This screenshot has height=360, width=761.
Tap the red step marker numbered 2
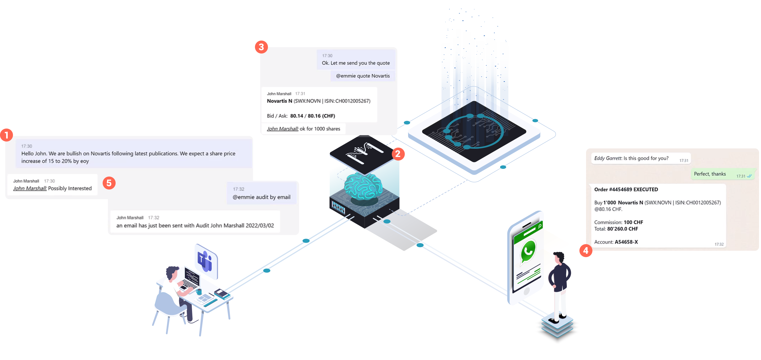pyautogui.click(x=398, y=154)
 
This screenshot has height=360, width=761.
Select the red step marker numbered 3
pyautogui.click(x=261, y=47)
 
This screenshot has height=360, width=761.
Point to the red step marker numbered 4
pyautogui.click(x=586, y=251)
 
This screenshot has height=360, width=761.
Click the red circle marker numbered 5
pyautogui.click(x=109, y=183)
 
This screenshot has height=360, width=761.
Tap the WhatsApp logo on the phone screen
pyautogui.click(x=528, y=251)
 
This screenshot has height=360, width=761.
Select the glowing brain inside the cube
pyautogui.click(x=363, y=186)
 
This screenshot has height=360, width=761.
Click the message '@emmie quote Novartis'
pyautogui.click(x=363, y=76)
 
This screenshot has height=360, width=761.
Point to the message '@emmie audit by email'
pyautogui.click(x=262, y=197)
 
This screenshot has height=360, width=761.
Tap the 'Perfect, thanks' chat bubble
pyautogui.click(x=710, y=174)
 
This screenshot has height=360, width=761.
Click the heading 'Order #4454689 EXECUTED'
pyautogui.click(x=626, y=190)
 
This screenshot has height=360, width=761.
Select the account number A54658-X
pyautogui.click(x=626, y=242)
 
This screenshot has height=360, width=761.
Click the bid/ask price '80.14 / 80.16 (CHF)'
pyautogui.click(x=313, y=116)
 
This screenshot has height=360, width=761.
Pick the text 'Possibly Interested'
pyautogui.click(x=70, y=188)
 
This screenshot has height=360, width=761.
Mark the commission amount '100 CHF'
pyautogui.click(x=633, y=222)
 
